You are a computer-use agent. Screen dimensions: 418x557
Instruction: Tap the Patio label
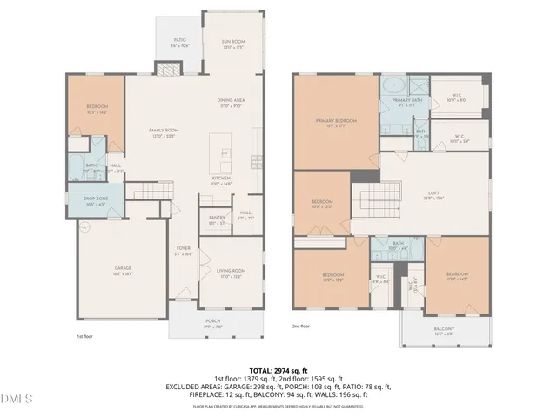pyautogui.click(x=180, y=42)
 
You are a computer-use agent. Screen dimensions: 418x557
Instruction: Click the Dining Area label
pyautogui.click(x=230, y=103)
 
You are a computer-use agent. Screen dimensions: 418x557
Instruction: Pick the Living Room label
pyautogui.click(x=230, y=273)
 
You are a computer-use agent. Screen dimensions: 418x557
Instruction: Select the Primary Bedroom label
pyautogui.click(x=333, y=124)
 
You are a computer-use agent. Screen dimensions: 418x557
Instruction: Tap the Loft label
pyautogui.click(x=433, y=196)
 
